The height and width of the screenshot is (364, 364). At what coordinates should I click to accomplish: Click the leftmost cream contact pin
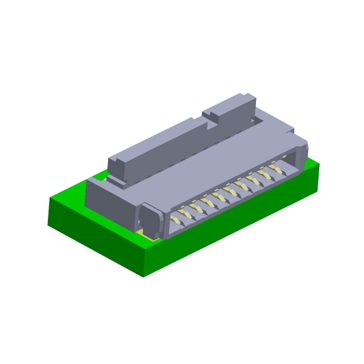pyautogui.click(x=176, y=215)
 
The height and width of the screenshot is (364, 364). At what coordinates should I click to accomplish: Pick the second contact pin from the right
pyautogui.click(x=268, y=174)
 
